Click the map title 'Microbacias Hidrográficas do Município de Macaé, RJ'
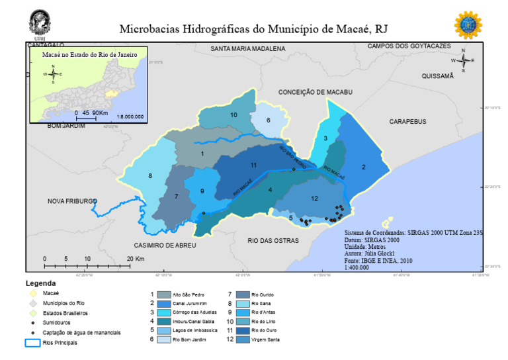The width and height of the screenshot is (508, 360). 253,29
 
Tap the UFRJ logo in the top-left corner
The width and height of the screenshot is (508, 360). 40,22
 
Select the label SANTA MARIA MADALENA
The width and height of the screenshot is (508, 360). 247,49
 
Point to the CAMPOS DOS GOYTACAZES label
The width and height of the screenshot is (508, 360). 409,46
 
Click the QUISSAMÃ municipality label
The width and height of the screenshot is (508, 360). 438,76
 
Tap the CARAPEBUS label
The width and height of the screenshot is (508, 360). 407,122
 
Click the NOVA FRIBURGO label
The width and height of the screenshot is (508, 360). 72,201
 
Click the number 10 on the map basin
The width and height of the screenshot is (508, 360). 233,115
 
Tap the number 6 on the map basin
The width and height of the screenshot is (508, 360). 269,120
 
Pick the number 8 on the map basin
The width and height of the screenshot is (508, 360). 150,175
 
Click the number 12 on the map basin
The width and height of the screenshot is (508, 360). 314,199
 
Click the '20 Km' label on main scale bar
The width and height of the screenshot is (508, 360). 135,259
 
